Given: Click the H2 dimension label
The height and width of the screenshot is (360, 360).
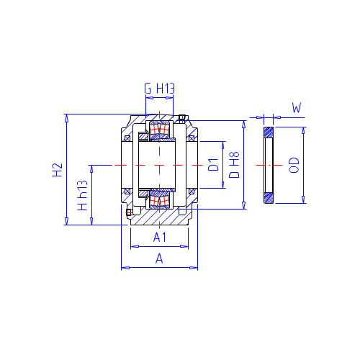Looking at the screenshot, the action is coord(58,170).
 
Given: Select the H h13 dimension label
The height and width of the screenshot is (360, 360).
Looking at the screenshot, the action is coord(82,196).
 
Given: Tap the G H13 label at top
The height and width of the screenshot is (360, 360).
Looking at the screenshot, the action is coord(159,89).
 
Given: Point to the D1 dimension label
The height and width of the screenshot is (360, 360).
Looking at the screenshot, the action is coord(213,164).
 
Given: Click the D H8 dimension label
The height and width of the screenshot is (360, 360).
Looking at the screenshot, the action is coord(234,165).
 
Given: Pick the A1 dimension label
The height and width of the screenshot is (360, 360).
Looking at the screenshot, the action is coord(160,238).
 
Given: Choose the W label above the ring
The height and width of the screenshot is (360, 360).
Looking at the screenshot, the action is coord(297,108).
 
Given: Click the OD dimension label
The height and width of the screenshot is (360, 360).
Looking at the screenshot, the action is coord(294,165).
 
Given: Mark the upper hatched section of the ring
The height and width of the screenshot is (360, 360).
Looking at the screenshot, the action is coord(269,132).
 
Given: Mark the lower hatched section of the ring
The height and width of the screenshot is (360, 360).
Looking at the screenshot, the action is coord(269,198).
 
